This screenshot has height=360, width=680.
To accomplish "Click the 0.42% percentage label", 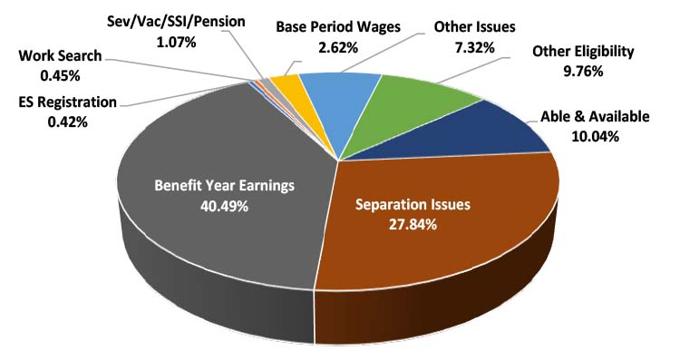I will (x=64, y=121).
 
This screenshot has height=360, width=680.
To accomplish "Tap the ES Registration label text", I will (x=64, y=103).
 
